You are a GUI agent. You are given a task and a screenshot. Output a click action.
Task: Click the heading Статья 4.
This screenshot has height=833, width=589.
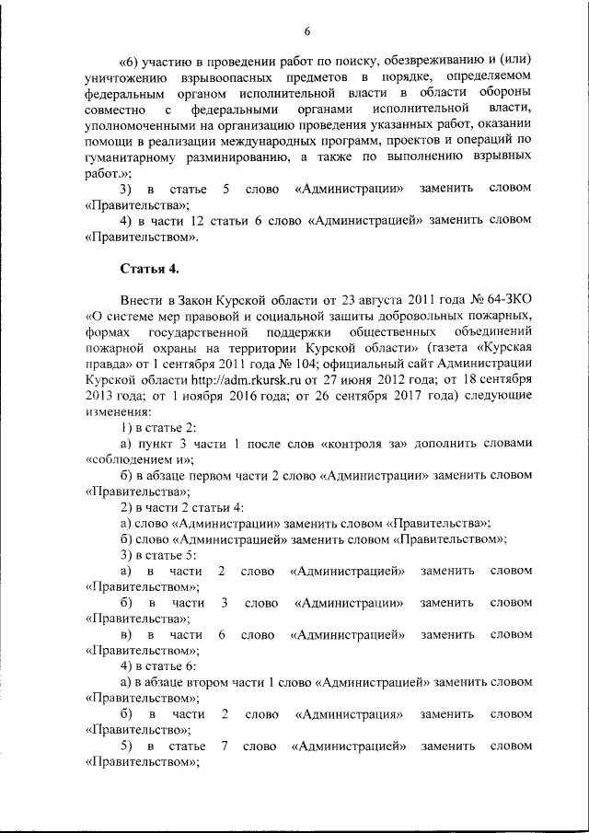click(x=150, y=269)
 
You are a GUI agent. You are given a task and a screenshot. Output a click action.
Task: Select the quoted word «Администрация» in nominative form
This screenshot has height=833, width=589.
click(x=351, y=714)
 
